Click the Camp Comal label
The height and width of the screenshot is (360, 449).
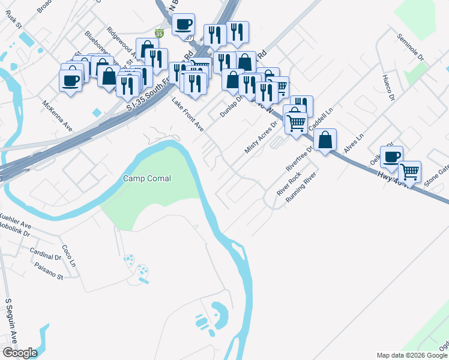click(x=147, y=178)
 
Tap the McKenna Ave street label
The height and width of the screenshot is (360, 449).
click(x=57, y=116)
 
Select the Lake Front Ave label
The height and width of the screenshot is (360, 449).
click(x=188, y=114)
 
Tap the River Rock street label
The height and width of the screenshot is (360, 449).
click(x=288, y=184)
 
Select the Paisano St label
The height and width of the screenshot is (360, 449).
click(x=49, y=272)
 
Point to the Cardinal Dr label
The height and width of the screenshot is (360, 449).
click(x=46, y=254)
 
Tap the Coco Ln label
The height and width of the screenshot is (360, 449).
click(x=70, y=256)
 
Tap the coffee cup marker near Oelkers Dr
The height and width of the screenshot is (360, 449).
click(x=391, y=157)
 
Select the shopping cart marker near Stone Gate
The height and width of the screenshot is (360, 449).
click(x=410, y=172)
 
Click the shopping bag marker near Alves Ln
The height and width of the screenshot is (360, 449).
click(x=325, y=140)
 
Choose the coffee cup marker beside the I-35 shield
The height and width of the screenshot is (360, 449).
click(x=184, y=25)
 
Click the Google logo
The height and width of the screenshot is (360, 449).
click(x=20, y=352)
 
